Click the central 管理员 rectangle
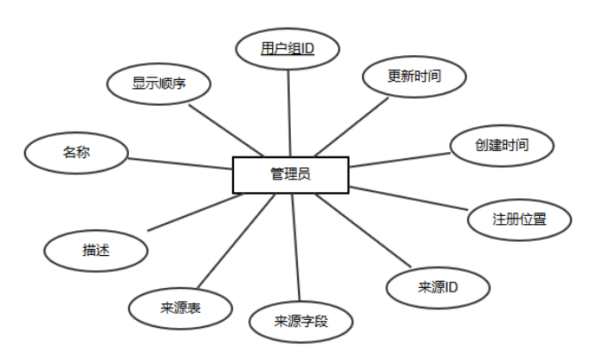tap(290, 175)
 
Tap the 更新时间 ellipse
tap(415, 76)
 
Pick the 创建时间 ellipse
tap(502, 145)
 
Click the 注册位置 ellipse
tap(519, 218)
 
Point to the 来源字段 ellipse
tap(302, 321)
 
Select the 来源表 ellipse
tap(181, 308)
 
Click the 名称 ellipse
tap(77, 152)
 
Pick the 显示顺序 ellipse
tap(158, 84)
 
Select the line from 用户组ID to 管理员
tap(290, 112)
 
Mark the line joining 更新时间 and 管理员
tap(354, 124)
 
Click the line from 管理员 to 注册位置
tap(409, 199)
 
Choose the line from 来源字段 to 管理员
tap(296, 249)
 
